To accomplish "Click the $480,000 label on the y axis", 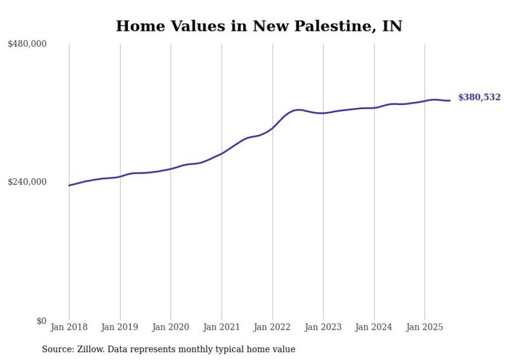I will point(27,44).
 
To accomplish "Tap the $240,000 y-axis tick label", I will point(27,182).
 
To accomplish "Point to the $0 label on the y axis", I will point(41,321).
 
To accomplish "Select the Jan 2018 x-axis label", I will point(69,327).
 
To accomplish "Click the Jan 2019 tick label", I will point(120,327).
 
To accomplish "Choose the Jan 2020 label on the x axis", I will point(171,327).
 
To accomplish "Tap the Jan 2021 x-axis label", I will point(222,327).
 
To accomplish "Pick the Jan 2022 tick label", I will point(272,327).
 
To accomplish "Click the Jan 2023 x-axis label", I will point(323,327).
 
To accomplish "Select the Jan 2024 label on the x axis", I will point(374,327).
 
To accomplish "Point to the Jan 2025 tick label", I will point(425,327).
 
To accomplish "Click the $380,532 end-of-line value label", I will point(479,97).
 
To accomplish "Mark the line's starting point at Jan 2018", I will point(69,185).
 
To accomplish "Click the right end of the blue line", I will point(450,100).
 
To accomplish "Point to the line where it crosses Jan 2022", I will point(272,128).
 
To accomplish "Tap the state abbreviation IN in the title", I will point(392,26).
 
